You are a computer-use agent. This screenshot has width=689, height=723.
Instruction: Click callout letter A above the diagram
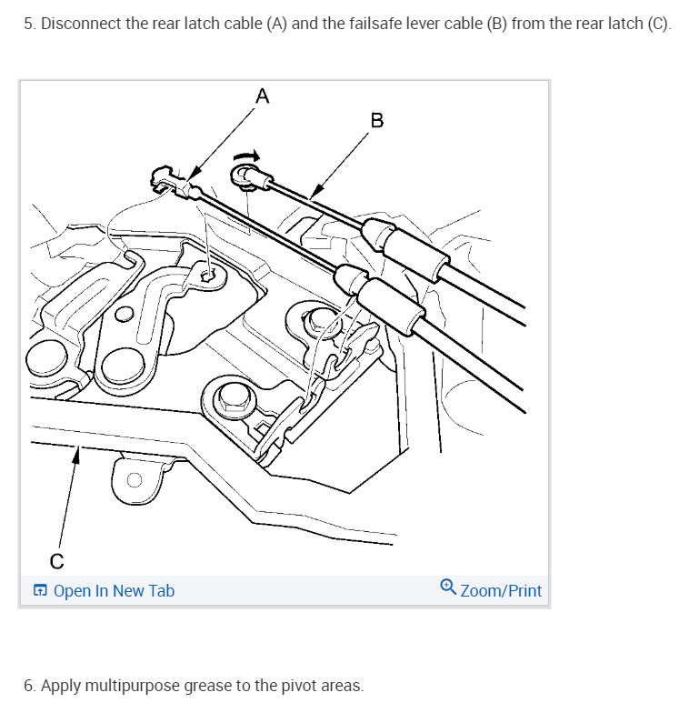click(262, 95)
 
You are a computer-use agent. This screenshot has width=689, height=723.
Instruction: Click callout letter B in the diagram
click(377, 120)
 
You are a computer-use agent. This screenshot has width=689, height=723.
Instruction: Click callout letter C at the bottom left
click(56, 561)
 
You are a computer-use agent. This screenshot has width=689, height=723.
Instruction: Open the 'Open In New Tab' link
click(114, 590)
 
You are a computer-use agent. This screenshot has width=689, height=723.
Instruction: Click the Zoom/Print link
click(501, 590)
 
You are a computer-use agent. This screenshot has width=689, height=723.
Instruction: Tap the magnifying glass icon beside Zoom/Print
click(448, 587)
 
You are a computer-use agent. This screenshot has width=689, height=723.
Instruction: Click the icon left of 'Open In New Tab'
click(40, 590)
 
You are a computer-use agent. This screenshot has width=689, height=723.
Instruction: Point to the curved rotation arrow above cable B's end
click(247, 156)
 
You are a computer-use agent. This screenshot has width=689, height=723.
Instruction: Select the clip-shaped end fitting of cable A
click(162, 180)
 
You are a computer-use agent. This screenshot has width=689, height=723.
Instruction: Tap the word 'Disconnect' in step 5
click(81, 24)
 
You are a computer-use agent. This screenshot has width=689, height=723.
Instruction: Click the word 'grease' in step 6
click(208, 686)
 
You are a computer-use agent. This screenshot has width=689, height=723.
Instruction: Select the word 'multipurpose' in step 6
click(133, 686)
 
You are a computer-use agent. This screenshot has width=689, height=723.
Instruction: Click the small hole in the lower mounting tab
click(135, 480)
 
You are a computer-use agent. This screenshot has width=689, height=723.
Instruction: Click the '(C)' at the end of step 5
click(659, 24)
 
